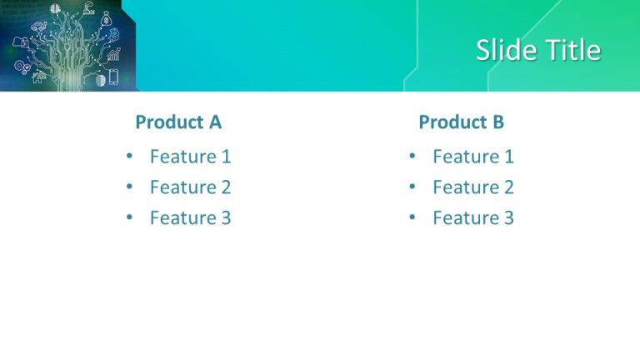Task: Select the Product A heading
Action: (178, 122)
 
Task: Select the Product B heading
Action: (461, 122)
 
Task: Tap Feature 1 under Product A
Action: (190, 156)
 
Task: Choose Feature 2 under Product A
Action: (190, 187)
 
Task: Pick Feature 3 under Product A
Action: (190, 217)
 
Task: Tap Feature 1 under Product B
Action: (472, 156)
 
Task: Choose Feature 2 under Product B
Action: (472, 187)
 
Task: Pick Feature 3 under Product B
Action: (472, 217)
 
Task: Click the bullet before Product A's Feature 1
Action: (129, 156)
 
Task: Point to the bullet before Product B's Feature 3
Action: (412, 217)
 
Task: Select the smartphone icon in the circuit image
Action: (113, 77)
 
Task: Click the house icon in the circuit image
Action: (38, 77)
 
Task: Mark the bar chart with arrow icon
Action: (113, 55)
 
